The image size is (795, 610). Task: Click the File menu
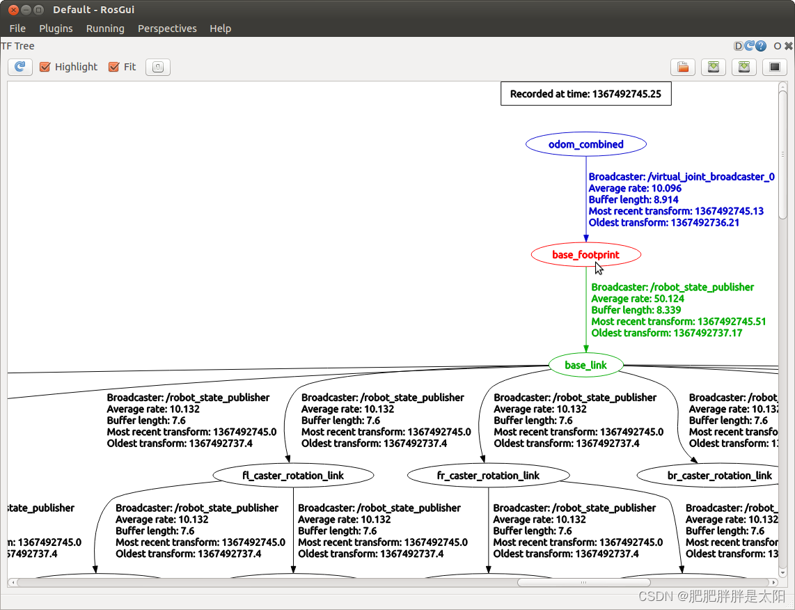tap(17, 29)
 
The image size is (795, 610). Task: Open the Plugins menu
tap(56, 29)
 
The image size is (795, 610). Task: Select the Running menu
tap(105, 29)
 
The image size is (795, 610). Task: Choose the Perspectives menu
tap(167, 29)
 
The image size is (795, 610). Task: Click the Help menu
tap(220, 29)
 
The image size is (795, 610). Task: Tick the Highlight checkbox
tap(45, 67)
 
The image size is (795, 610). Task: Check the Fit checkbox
tap(114, 67)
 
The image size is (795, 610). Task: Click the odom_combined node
tap(586, 144)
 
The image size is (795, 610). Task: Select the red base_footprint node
tap(585, 255)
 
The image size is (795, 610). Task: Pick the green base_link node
tap(585, 365)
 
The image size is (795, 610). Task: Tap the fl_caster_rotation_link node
tap(293, 476)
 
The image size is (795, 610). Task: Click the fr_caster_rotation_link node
tap(488, 476)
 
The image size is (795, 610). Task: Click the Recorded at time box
tap(585, 94)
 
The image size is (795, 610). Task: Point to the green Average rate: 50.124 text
tap(638, 299)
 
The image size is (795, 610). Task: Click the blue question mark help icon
tap(761, 46)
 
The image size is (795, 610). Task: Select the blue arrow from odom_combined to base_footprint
tap(585, 209)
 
